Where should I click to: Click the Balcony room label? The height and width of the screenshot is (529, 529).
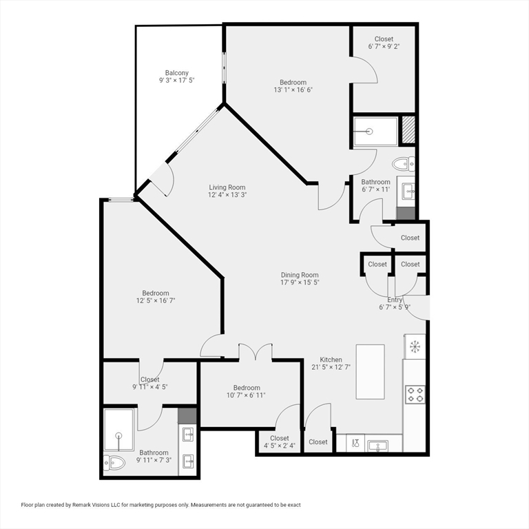(x=177, y=73)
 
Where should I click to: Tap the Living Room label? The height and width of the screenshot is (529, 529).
(x=227, y=187)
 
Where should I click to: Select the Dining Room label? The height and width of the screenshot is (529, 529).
(x=300, y=275)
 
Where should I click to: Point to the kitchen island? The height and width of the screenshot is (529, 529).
(x=370, y=371)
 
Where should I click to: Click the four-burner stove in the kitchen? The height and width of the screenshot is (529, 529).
(x=415, y=395)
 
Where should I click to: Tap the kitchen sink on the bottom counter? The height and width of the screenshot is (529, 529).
(x=378, y=446)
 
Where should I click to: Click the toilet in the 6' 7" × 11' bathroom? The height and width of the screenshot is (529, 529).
(x=404, y=164)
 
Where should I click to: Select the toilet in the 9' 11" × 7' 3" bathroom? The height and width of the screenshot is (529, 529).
(x=114, y=463)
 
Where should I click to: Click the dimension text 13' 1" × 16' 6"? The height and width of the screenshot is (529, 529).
(x=293, y=90)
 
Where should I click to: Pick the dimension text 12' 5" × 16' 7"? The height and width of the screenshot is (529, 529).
(x=156, y=300)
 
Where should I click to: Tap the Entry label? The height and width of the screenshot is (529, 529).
(x=395, y=300)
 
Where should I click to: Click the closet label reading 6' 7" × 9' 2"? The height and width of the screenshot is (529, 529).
(x=384, y=47)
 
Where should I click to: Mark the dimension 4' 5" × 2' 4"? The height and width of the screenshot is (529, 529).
(x=280, y=446)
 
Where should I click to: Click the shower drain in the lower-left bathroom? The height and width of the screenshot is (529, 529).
(x=118, y=435)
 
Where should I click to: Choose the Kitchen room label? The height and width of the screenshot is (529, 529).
(x=331, y=360)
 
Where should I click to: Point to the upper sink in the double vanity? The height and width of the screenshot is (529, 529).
(x=188, y=435)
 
